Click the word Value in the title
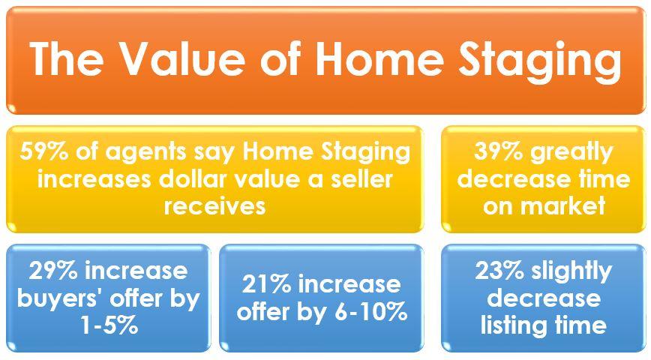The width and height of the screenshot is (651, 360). point(184,59)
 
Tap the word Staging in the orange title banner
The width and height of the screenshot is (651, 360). point(540,63)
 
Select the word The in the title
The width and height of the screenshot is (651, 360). point(67,59)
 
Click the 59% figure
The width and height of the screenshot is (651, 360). point(44,151)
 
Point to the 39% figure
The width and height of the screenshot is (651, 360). point(498,151)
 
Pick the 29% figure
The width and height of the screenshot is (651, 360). point(53,271)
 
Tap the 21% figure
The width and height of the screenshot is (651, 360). point(266,284)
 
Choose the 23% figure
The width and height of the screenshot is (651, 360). point(499,271)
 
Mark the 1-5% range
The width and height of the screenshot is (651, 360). point(109,325)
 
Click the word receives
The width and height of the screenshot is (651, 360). point(214,206)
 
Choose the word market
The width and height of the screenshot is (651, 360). point(563,206)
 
